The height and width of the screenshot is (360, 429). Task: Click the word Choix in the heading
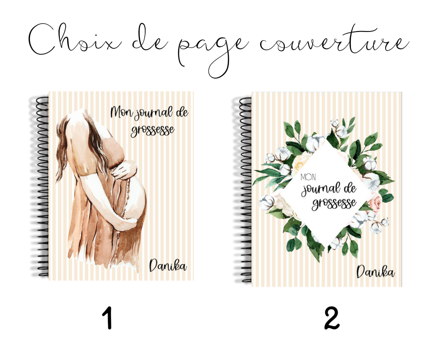pyautogui.click(x=74, y=39)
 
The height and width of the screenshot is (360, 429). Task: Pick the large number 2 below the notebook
pyautogui.click(x=332, y=318)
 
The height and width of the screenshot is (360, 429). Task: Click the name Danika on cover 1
pyautogui.click(x=167, y=265)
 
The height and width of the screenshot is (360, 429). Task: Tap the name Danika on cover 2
pyautogui.click(x=375, y=272)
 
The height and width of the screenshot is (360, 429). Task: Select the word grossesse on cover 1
pyautogui.click(x=152, y=130)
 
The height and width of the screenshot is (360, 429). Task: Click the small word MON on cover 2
pyautogui.click(x=308, y=177)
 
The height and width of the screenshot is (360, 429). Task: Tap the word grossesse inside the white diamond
pyautogui.click(x=335, y=203)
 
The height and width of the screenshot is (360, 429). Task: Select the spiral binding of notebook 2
pyautogui.click(x=245, y=190)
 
